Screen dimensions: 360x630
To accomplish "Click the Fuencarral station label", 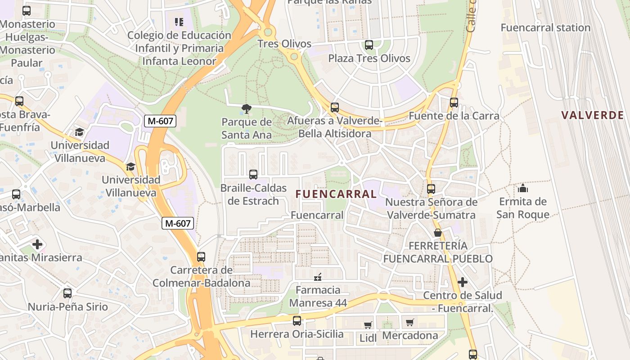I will click(x=545, y=27).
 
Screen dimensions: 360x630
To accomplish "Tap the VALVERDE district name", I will click(x=592, y=115).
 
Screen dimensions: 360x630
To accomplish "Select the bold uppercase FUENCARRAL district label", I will click(x=336, y=194).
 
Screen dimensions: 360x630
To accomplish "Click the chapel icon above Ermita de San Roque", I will click(x=523, y=188).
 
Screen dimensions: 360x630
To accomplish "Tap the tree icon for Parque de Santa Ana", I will click(x=246, y=108).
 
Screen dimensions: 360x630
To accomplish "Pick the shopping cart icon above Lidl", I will click(x=368, y=324).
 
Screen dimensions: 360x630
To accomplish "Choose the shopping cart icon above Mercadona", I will click(x=409, y=322).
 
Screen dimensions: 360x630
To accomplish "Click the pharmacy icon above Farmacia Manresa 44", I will click(x=318, y=276).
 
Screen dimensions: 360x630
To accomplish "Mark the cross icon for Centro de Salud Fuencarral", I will click(x=462, y=282).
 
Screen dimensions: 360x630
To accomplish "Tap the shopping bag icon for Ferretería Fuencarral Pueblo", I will click(x=437, y=233).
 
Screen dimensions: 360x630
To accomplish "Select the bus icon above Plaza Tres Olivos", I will click(x=369, y=45).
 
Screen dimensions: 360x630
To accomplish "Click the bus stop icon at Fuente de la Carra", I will click(x=454, y=103).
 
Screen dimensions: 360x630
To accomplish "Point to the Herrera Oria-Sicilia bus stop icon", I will click(x=297, y=321).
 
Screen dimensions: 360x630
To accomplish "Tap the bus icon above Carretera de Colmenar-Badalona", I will click(x=201, y=257).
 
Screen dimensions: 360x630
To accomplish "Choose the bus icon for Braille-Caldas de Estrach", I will click(x=253, y=175).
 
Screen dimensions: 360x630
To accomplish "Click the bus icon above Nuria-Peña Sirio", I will click(x=67, y=293).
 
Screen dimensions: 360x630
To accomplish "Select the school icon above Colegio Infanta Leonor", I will click(x=179, y=22).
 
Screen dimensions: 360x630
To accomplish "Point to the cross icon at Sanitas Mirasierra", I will click(x=37, y=244).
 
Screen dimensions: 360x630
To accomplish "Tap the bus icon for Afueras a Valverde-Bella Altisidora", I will click(x=335, y=108).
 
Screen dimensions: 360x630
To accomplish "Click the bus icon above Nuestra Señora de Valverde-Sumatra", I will click(x=431, y=189).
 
